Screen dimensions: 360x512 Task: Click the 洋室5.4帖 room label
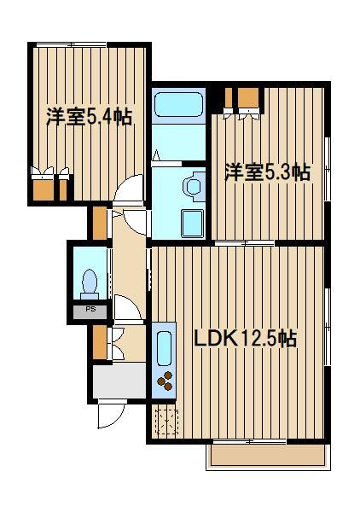coord(89,117)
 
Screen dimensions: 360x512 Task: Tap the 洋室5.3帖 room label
coord(267,172)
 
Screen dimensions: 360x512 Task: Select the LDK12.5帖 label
coord(246,339)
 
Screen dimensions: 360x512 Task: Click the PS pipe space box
coord(90,312)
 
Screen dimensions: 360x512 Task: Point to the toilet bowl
coord(90,283)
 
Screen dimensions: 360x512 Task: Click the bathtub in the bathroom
coord(178,104)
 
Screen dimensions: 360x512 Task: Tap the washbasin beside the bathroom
coord(195,187)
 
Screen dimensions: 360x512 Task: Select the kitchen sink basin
coord(164,348)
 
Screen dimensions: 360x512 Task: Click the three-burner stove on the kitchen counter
coord(165,381)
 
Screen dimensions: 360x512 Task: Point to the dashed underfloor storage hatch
coord(166,422)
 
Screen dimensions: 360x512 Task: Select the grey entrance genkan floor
coord(119,381)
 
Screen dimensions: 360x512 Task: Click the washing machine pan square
coord(193,224)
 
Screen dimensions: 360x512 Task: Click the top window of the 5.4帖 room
coord(71,44)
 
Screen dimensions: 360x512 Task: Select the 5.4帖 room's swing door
coord(129,189)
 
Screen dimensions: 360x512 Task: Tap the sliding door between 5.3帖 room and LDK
coord(245,243)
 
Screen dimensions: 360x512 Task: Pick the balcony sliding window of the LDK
coord(250,441)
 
